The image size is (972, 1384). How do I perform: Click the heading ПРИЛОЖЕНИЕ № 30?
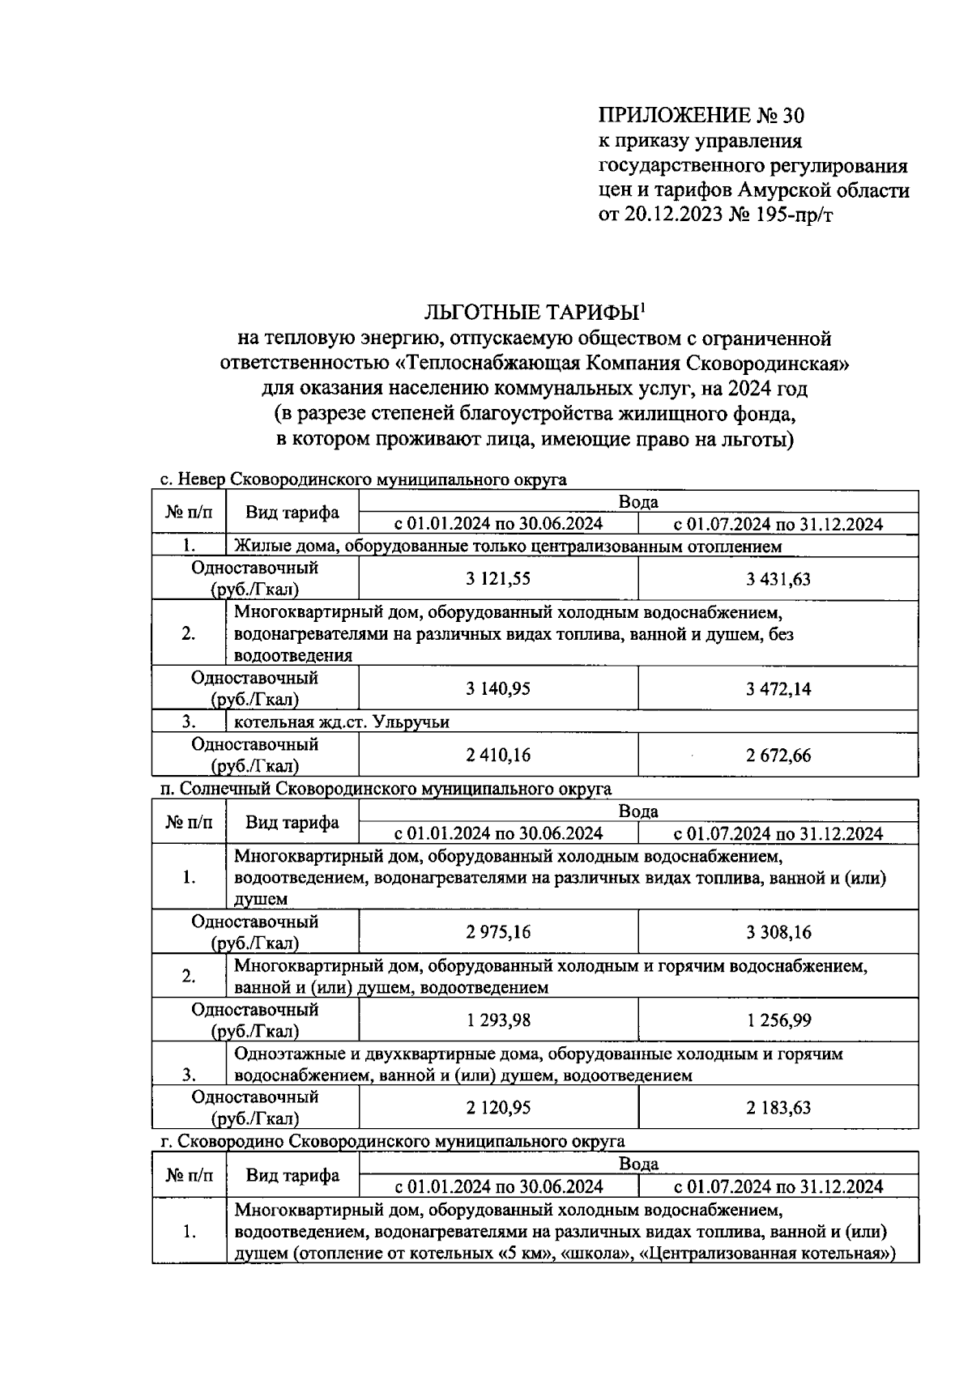(701, 115)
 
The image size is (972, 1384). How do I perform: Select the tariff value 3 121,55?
(498, 579)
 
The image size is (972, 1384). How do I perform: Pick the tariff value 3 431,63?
(778, 579)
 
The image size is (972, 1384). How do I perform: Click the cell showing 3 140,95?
(498, 689)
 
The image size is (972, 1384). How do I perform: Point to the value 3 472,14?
(778, 689)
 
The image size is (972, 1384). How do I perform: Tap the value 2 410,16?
(498, 756)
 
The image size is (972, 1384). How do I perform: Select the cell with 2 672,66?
(778, 756)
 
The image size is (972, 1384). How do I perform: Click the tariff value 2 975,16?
(498, 932)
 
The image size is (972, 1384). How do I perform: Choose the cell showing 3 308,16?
(778, 932)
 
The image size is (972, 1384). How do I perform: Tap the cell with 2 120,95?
(498, 1108)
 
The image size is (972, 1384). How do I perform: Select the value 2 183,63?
(778, 1108)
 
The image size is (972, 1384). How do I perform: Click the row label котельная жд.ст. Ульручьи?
(341, 722)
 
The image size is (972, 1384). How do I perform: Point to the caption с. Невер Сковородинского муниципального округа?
(363, 479)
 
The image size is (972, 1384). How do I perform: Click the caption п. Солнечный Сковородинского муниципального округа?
(386, 789)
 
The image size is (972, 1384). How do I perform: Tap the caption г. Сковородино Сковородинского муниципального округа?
(392, 1141)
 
